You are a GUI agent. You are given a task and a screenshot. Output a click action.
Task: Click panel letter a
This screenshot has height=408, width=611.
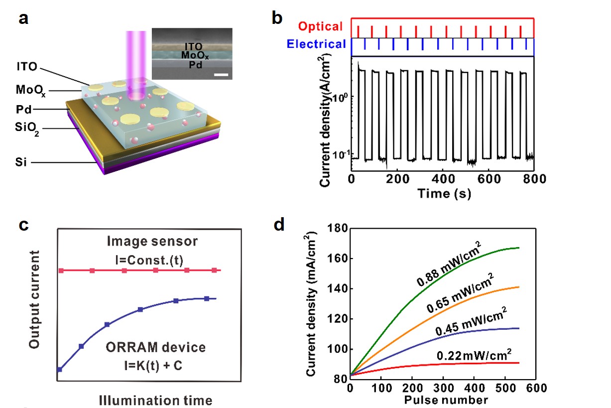click(x=23, y=19)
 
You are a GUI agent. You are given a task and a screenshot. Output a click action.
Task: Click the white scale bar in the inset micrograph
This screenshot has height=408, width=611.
click(x=223, y=75)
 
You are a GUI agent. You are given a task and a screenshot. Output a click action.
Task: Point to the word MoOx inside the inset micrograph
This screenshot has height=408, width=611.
click(x=195, y=55)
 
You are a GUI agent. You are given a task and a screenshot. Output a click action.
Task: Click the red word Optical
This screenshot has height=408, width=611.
click(x=320, y=27)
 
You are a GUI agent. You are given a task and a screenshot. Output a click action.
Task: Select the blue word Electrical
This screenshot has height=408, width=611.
click(x=317, y=44)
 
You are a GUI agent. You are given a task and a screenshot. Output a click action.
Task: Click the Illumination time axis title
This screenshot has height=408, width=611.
click(x=155, y=400)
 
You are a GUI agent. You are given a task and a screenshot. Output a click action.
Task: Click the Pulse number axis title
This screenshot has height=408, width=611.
click(x=446, y=400)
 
